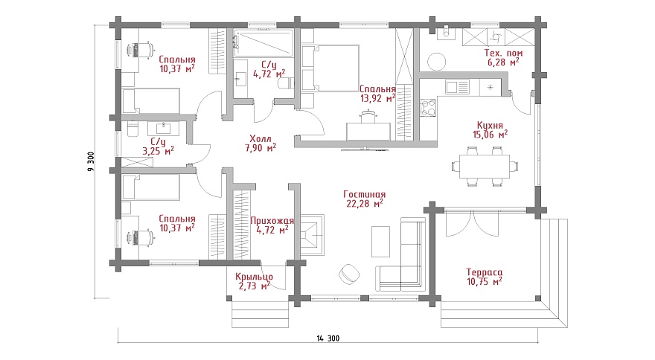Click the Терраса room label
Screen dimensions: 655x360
(x=485, y=272)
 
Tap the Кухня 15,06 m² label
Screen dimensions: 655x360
(x=490, y=129)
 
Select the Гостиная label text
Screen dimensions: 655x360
(x=364, y=194)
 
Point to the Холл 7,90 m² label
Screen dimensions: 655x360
(x=261, y=143)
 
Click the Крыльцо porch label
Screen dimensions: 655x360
(x=254, y=277)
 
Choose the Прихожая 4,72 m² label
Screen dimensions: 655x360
(x=272, y=225)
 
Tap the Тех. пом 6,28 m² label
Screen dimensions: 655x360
(x=503, y=57)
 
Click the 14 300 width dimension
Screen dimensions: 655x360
(x=328, y=338)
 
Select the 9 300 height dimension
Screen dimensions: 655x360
(x=91, y=161)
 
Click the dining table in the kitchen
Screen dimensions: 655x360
(x=485, y=166)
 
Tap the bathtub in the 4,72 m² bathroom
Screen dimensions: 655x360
(x=263, y=43)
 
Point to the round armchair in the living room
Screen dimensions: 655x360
(x=349, y=274)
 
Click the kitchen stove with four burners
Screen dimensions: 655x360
(x=428, y=107)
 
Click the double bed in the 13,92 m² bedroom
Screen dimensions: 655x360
(x=330, y=68)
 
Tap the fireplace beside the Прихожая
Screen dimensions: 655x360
(x=313, y=235)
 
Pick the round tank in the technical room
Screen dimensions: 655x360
(x=437, y=62)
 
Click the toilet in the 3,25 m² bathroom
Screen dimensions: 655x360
(x=131, y=129)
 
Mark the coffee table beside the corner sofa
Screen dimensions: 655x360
(x=380, y=242)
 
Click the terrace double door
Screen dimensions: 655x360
(x=473, y=223)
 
